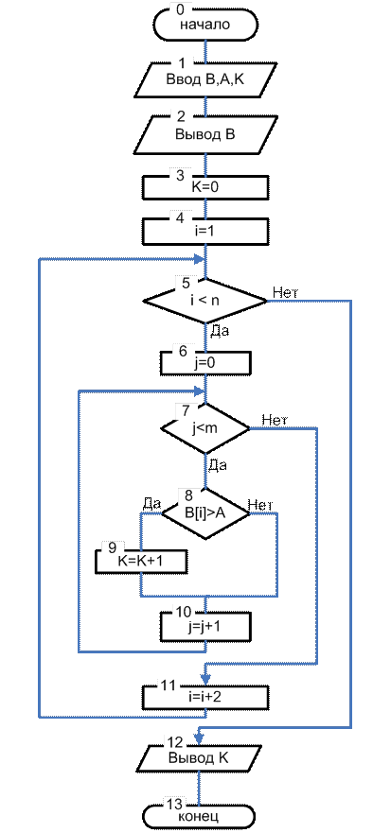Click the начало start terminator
(x=205, y=25)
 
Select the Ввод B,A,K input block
(x=205, y=79)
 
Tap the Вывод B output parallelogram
(x=205, y=134)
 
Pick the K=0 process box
(x=205, y=186)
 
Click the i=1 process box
(x=205, y=231)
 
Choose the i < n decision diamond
(x=205, y=301)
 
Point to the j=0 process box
(x=205, y=364)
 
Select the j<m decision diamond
(x=205, y=428)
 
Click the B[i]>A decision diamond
(x=205, y=513)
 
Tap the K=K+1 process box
(x=141, y=561)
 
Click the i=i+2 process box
(x=205, y=697)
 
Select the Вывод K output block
(x=200, y=757)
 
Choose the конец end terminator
(x=200, y=815)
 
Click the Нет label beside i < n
(x=287, y=291)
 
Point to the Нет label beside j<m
(x=275, y=419)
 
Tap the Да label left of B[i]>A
(x=151, y=503)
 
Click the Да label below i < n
(x=220, y=332)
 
